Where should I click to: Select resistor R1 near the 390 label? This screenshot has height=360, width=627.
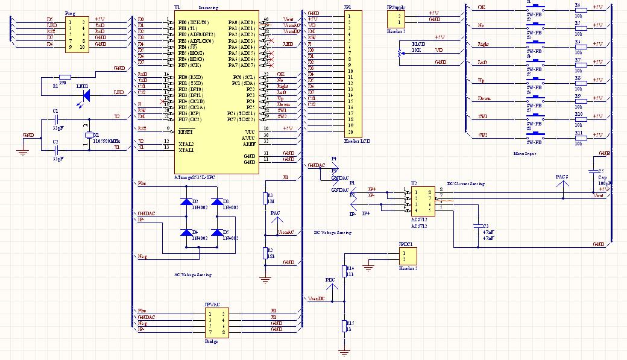point(65,77)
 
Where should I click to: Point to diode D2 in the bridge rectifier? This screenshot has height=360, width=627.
point(185,201)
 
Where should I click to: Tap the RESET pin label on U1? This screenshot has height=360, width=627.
point(186,130)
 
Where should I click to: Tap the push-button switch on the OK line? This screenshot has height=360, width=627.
point(535,9)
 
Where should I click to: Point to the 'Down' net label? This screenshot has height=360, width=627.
point(484,98)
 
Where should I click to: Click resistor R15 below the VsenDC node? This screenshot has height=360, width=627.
point(344,326)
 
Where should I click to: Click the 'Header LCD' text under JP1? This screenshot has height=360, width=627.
point(356,141)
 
